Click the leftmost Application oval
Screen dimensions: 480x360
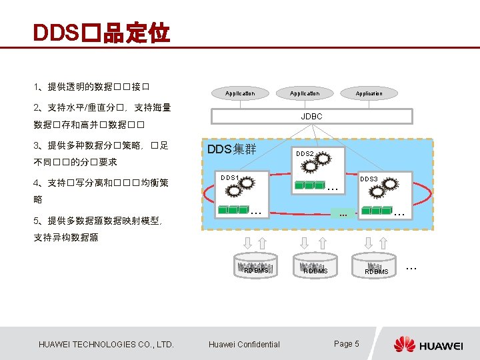click(240, 93)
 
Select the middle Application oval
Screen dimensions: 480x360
click(305, 93)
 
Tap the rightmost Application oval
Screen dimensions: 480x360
click(369, 93)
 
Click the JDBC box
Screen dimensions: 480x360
click(311, 116)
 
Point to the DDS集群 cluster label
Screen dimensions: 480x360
click(231, 149)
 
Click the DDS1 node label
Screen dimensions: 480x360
click(230, 177)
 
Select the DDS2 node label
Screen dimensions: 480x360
click(305, 154)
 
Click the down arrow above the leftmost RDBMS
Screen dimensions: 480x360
click(248, 243)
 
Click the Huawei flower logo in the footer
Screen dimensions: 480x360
click(404, 344)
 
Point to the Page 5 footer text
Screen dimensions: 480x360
click(346, 343)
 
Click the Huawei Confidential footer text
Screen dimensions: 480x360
click(244, 344)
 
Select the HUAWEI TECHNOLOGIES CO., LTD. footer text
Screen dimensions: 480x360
click(107, 344)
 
